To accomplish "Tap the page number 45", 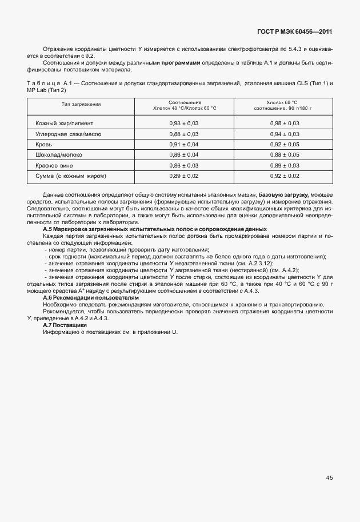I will (330, 477).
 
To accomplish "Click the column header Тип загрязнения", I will (81, 104).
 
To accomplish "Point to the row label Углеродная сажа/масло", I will (68, 134).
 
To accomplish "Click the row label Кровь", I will (44, 144).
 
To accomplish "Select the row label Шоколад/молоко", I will (59, 155).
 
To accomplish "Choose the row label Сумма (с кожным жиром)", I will (71, 176).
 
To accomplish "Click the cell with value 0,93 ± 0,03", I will (184, 123).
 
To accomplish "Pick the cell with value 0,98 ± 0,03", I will (285, 123).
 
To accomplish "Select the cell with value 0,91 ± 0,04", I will (184, 144).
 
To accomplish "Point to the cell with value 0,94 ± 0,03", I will (285, 134).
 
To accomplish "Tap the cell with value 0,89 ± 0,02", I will (184, 176).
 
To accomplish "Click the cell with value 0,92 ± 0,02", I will (285, 176).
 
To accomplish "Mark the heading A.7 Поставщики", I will (65, 325).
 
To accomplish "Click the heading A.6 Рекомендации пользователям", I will (91, 298).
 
